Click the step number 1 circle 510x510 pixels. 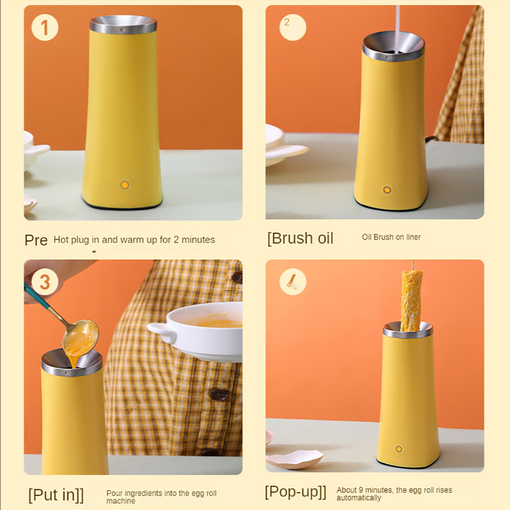pos(45,28)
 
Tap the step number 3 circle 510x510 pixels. pos(45,281)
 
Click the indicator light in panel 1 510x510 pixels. pos(125,185)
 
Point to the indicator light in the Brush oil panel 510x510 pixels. pos(387,190)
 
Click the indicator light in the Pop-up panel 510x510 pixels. pos(399,449)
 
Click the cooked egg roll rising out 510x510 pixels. pos(411,301)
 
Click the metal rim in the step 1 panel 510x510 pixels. pos(123,24)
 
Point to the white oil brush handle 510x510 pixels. pos(398,28)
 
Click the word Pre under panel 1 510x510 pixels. pos(36,240)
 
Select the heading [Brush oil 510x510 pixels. pos(300,238)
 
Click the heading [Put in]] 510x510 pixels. pos(56,495)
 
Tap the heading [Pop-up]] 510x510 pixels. pos(296,492)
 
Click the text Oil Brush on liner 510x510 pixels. pos(391,237)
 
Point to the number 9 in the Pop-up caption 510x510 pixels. pos(361,490)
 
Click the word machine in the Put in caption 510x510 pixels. pos(120,501)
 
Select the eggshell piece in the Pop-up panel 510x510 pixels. pos(295,458)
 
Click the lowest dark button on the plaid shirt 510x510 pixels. pos(210,452)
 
